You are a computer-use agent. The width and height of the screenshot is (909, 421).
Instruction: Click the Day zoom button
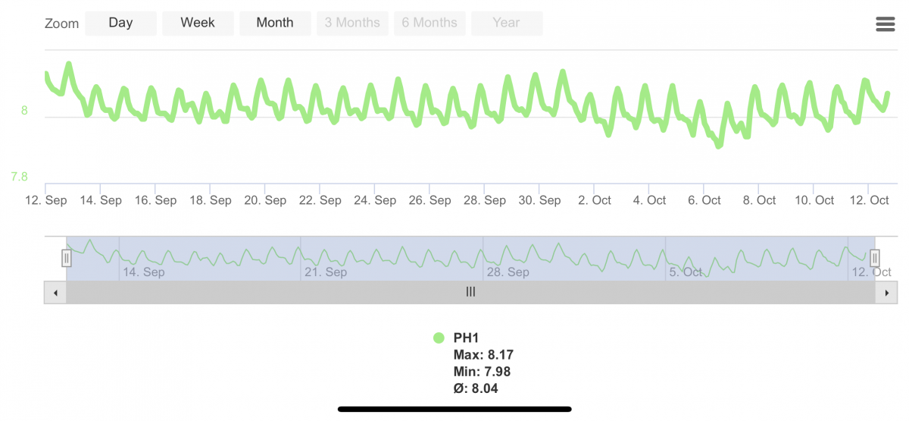pos(120,23)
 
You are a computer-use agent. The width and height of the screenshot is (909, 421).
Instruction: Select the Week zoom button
pos(198,23)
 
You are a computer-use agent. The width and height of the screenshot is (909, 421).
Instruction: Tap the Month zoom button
pos(275,23)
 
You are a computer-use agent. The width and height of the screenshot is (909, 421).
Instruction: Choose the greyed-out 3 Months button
pos(352,23)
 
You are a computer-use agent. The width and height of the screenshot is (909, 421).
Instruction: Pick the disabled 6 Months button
pos(430,23)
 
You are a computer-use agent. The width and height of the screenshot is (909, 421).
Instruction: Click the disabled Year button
pos(506,23)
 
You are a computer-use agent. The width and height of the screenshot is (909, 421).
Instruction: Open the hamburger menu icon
pos(885,24)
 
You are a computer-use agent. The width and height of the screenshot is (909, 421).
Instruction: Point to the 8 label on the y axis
pos(24,111)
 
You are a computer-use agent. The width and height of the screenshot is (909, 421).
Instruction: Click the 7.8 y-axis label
pos(20,177)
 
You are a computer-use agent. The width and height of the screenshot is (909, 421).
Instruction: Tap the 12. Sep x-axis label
pos(45,200)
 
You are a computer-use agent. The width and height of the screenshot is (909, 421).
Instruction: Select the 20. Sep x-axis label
pos(265,200)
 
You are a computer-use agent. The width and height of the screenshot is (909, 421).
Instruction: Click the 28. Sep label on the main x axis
pos(485,200)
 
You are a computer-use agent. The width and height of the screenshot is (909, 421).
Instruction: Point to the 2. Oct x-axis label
pos(595,200)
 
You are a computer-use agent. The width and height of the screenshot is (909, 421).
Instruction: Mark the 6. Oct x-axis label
pos(704,200)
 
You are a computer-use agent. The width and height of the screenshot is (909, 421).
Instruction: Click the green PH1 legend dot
pos(439,338)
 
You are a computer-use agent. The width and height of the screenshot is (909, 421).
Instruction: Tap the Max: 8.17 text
pos(483,355)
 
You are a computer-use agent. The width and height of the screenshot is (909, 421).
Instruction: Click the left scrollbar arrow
pos(55,292)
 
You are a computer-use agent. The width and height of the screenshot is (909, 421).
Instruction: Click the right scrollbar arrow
pos(886,292)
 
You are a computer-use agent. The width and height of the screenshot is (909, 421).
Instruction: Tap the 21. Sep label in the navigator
pos(326,272)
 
